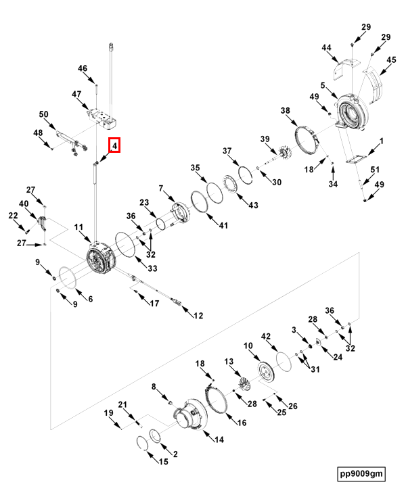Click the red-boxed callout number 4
tap(115, 145)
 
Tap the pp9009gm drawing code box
tap(361, 473)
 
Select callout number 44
tap(326, 48)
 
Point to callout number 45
tap(390, 60)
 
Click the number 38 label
tap(286, 111)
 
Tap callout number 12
tap(198, 315)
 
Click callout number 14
tap(219, 439)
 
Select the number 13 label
tap(228, 362)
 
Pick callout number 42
tap(266, 336)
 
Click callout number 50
tap(43, 114)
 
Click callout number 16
tap(240, 423)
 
